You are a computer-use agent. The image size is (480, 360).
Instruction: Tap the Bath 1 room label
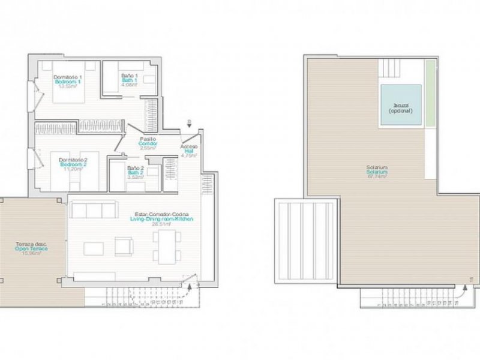(130, 80)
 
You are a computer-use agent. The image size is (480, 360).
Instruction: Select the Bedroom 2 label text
(73, 164)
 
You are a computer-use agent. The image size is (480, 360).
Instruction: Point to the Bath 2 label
(135, 173)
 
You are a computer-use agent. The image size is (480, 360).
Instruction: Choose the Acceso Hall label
(189, 152)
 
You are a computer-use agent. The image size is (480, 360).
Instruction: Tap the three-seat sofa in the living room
(94, 209)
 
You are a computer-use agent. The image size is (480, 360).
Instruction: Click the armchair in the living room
(124, 245)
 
